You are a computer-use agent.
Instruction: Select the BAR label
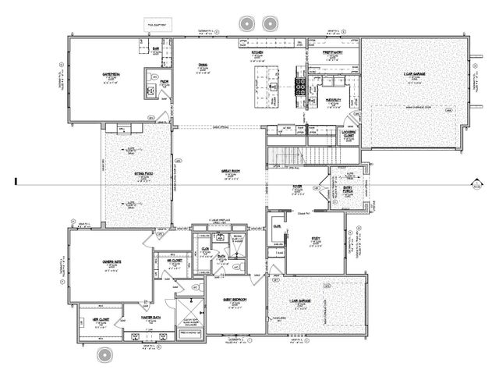(x=156, y=48)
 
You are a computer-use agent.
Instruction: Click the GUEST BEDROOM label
(x=233, y=299)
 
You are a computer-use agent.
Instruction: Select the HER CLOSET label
(x=102, y=319)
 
